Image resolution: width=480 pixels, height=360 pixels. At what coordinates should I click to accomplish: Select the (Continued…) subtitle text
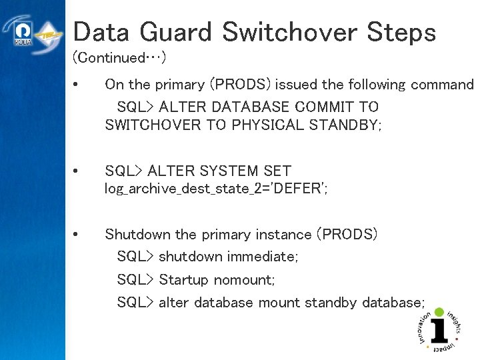click(x=119, y=58)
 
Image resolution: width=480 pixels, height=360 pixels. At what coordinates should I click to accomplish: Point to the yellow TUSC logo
click(x=49, y=35)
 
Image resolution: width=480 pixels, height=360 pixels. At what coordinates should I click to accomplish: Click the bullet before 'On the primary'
click(x=77, y=85)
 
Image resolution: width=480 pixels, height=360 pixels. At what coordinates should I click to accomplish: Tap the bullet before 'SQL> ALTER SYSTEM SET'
click(x=77, y=171)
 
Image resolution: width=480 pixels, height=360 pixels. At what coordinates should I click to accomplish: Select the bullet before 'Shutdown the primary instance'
click(x=77, y=235)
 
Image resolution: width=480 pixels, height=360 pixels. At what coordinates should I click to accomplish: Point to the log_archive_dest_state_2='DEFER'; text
click(x=216, y=189)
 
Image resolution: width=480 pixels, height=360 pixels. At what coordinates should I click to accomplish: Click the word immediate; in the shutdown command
click(x=263, y=257)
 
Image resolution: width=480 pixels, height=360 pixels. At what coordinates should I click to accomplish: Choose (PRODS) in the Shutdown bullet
click(x=347, y=235)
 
